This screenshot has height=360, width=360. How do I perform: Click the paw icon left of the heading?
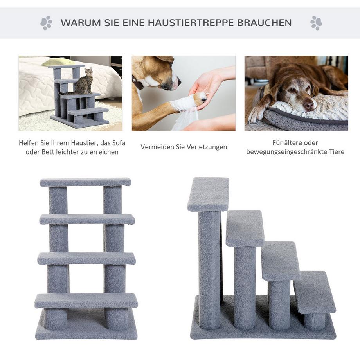(x=46, y=23)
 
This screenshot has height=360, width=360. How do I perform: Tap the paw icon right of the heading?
(x=316, y=23)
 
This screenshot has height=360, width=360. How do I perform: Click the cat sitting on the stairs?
(x=85, y=81)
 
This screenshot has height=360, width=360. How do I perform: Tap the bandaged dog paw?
(x=188, y=103)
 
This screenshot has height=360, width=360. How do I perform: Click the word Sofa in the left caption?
(x=117, y=143)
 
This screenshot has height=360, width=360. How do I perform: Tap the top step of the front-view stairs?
(x=85, y=182)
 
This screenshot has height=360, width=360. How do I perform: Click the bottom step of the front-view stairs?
(x=86, y=301)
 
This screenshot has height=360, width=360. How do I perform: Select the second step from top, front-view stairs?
(x=87, y=219)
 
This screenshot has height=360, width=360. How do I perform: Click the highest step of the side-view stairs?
(x=208, y=194)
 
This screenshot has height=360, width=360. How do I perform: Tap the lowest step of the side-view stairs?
(x=314, y=292)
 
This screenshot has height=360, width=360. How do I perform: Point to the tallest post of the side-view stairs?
(x=209, y=270)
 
